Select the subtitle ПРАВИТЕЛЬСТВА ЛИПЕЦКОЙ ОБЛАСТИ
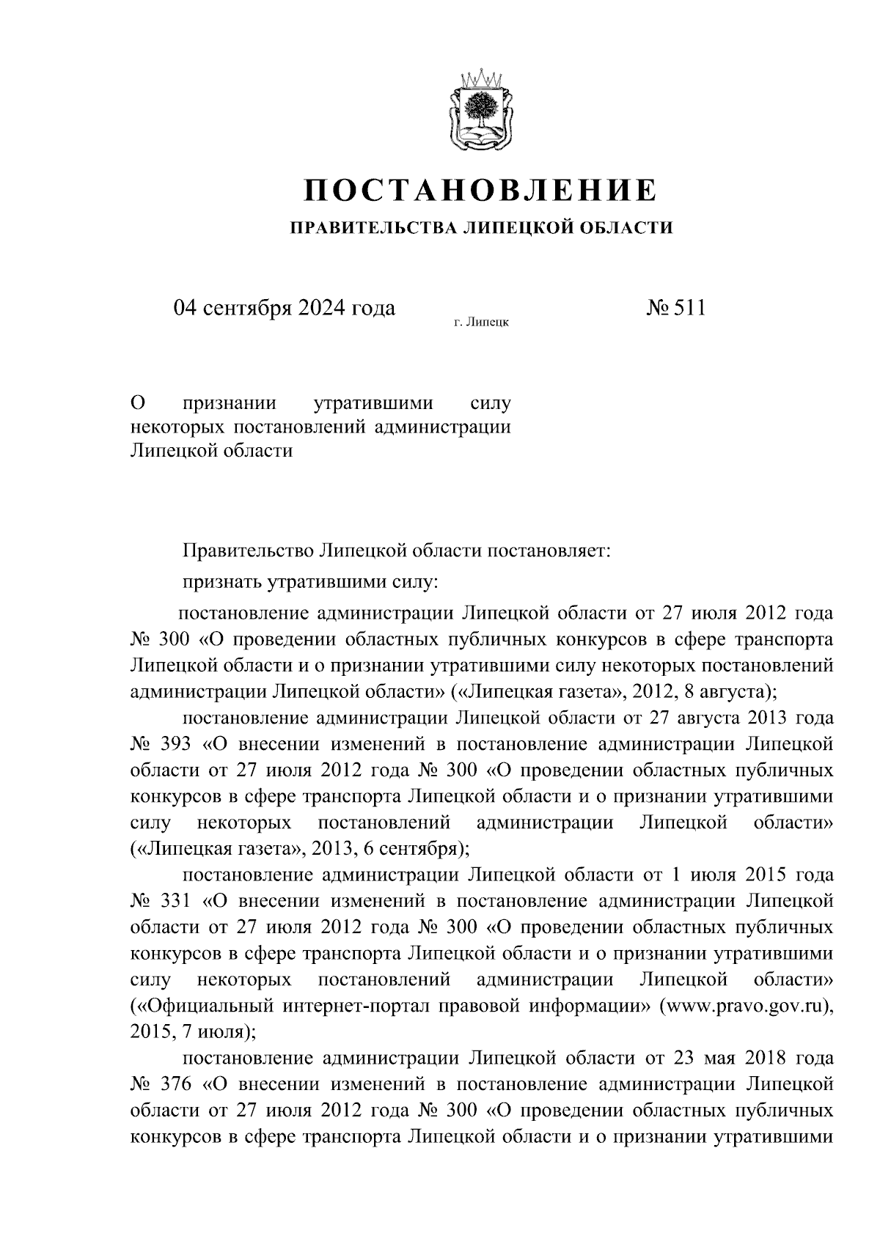tap(481, 228)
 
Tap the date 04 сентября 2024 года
tap(284, 308)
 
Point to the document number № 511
tap(675, 308)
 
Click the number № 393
tap(160, 744)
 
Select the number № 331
tap(160, 901)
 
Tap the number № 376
tap(160, 1083)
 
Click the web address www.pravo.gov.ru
tap(744, 1005)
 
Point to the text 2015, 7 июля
tap(187, 1032)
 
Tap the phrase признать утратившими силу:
tap(310, 583)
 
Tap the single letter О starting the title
tap(136, 403)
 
